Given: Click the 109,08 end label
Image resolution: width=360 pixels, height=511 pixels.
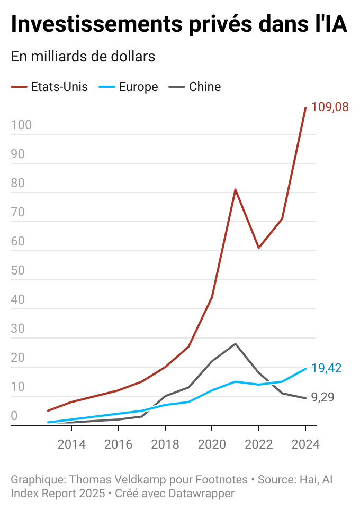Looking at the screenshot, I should point(330,107).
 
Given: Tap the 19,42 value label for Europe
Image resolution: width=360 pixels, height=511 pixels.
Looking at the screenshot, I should point(326,368).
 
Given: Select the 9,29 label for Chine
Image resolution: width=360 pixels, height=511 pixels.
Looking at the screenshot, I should point(322,397).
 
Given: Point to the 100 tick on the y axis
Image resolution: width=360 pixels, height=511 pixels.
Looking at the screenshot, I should point(21,125).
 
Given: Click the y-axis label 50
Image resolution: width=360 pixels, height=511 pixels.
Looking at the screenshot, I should point(18,271).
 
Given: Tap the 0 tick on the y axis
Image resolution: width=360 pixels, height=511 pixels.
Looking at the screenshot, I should point(14,416).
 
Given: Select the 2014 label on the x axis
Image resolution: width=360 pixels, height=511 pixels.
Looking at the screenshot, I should point(71,444).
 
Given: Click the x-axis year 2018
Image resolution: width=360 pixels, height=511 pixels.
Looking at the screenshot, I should point(165,444).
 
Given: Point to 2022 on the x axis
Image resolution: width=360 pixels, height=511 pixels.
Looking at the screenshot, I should point(258,444).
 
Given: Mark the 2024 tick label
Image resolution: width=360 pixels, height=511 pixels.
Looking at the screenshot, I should point(305,444).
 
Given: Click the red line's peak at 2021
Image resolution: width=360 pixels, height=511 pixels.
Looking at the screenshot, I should point(235,189).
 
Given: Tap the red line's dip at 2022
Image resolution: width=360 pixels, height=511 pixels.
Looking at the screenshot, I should point(258,248).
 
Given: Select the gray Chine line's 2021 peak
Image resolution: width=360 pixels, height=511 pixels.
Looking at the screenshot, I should point(235,344).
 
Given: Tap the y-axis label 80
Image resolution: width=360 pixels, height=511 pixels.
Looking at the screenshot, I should point(18,184).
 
